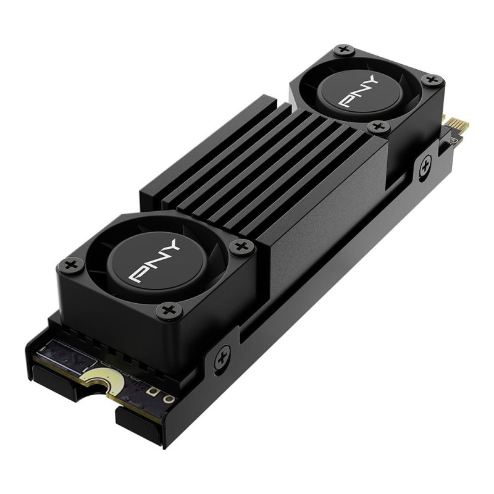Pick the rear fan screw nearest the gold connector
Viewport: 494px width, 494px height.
coord(432,80)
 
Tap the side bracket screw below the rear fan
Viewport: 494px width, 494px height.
coord(425,165)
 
